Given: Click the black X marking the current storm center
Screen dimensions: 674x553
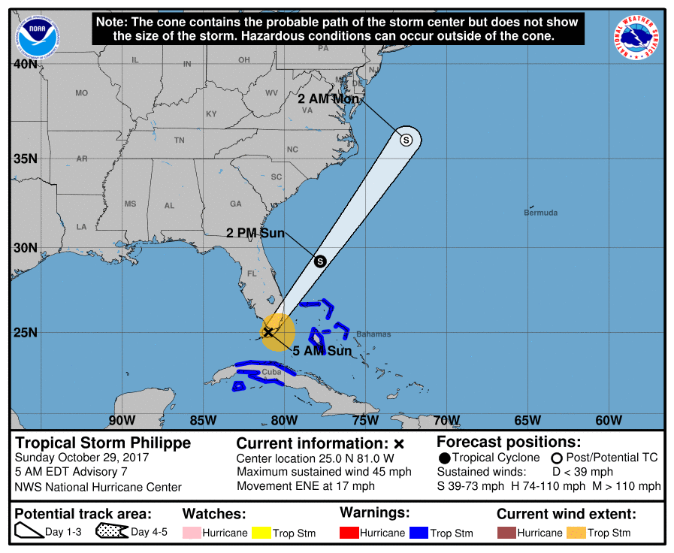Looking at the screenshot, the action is [x=268, y=331].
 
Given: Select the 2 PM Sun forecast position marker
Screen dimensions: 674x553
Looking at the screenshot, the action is [x=319, y=261].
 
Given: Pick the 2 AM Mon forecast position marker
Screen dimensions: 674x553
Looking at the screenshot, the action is [x=406, y=139].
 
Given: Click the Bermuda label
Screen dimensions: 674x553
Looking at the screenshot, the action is [x=540, y=213].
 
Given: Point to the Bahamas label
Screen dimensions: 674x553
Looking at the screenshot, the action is [x=373, y=334].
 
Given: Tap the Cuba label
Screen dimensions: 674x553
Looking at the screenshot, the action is [x=271, y=372].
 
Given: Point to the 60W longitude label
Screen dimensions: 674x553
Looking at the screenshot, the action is [x=608, y=420].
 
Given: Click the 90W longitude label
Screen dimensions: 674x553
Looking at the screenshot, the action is [x=122, y=420].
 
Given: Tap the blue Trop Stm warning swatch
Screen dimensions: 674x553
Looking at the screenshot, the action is [x=419, y=533].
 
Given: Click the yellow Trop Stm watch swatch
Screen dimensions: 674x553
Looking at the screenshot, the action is [x=261, y=533].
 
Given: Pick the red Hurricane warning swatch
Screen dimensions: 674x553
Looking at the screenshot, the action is [x=349, y=533].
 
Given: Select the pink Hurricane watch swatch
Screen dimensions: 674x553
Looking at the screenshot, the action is [x=192, y=533].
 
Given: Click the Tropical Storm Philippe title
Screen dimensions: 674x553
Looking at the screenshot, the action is [x=103, y=443].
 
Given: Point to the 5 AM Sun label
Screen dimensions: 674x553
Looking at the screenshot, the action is [x=322, y=351].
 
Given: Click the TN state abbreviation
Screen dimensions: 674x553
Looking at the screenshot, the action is [x=179, y=141].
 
